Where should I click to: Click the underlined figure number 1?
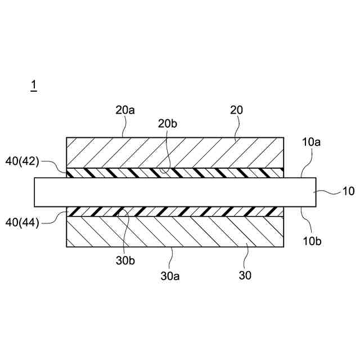[34, 85]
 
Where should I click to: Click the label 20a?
[125, 110]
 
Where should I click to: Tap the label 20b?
[168, 123]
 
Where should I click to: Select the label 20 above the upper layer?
[236, 110]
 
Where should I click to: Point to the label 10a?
[310, 143]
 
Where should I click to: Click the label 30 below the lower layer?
[245, 276]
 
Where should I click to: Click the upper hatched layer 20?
[174, 152]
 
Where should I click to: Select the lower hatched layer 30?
[174, 232]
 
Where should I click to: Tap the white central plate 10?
[174, 192]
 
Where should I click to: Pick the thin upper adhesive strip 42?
[174, 172]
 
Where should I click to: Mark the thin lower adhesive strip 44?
[174, 212]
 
